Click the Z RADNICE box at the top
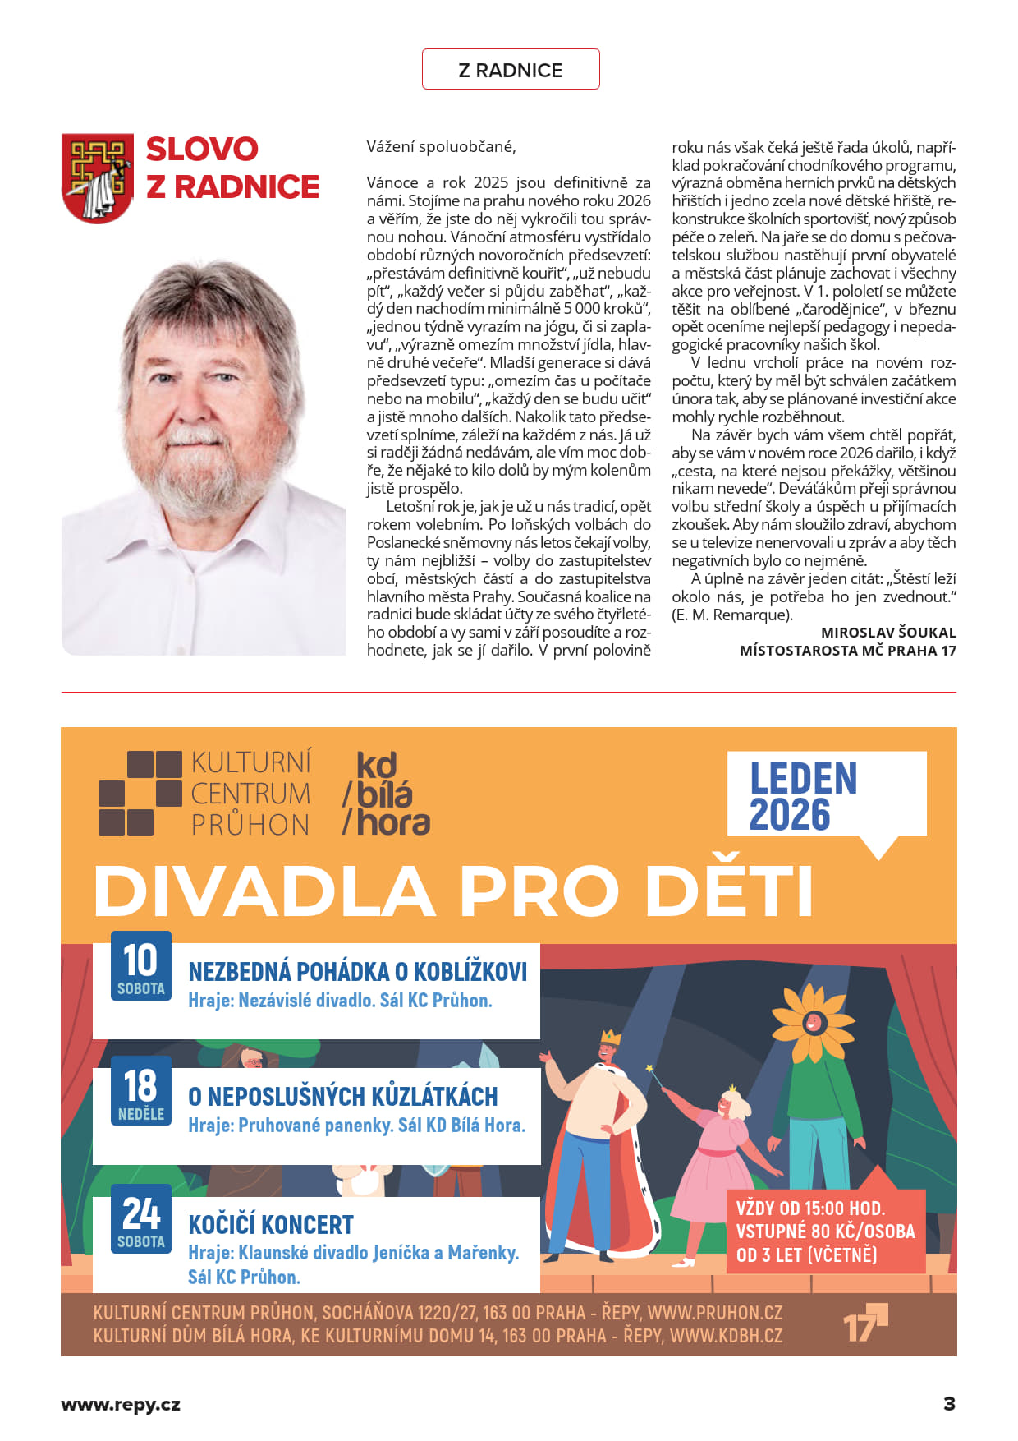pos(510,70)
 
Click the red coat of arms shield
pos(98,178)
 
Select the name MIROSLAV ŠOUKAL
pos(888,633)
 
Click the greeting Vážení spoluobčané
pos(441,147)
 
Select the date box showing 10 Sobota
pos(141,966)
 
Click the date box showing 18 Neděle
pos(141,1091)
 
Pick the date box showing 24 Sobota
pos(141,1219)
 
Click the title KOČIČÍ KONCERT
pos(271,1225)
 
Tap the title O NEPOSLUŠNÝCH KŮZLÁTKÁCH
pos(343,1097)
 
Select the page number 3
pos(949,1403)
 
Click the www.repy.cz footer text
pos(121,1404)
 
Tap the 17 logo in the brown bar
pos(864,1323)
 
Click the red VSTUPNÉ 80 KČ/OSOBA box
pos(825,1231)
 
